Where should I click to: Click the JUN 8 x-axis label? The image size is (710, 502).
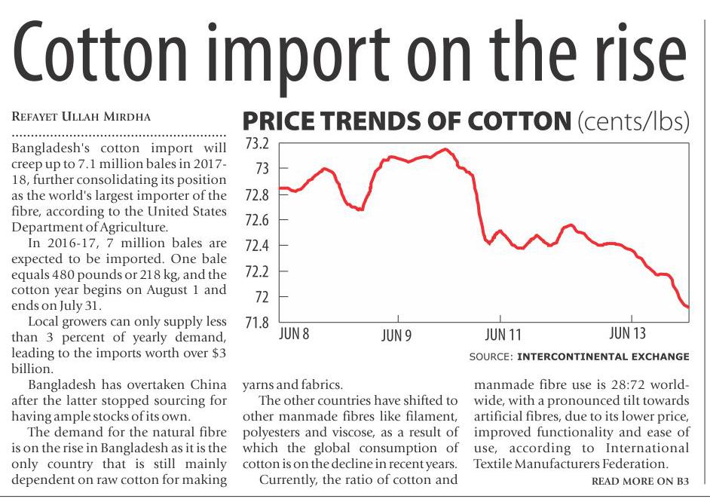tap(294, 333)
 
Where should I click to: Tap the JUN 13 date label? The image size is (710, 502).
tap(628, 333)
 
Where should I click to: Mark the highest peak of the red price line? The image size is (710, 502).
tap(446, 149)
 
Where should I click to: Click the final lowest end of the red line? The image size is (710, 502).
tap(687, 307)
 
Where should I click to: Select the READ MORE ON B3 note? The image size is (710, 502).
tap(640, 481)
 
